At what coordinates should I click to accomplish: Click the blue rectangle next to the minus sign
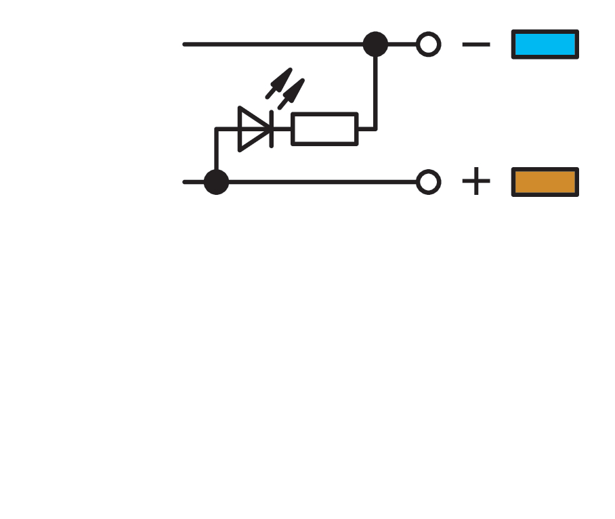pyautogui.click(x=545, y=45)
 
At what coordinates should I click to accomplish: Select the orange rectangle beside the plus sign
pyautogui.click(x=545, y=182)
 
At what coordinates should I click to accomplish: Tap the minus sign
pyautogui.click(x=476, y=45)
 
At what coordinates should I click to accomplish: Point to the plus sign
pyautogui.click(x=476, y=182)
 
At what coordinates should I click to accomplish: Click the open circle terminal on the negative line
pyautogui.click(x=428, y=45)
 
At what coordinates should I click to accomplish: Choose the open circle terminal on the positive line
pyautogui.click(x=428, y=182)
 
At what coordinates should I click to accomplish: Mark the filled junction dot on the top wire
pyautogui.click(x=375, y=45)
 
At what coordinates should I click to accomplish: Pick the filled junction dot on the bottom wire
pyautogui.click(x=216, y=182)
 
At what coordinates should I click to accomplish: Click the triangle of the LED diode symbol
pyautogui.click(x=252, y=129)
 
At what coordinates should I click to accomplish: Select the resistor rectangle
pyautogui.click(x=324, y=129)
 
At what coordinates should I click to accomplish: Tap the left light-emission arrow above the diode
pyautogui.click(x=278, y=83)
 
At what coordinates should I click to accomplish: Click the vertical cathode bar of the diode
pyautogui.click(x=271, y=129)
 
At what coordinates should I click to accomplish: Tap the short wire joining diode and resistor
pyautogui.click(x=282, y=129)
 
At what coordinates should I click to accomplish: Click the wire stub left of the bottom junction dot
pyautogui.click(x=192, y=182)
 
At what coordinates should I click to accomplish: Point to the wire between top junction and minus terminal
pyautogui.click(x=402, y=45)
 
